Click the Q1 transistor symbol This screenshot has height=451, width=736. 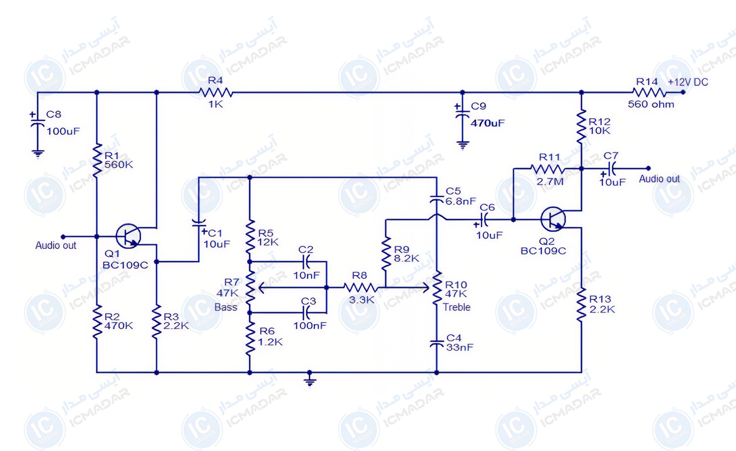(x=128, y=236)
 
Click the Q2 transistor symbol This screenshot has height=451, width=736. (x=553, y=219)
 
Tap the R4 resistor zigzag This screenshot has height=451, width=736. (x=216, y=92)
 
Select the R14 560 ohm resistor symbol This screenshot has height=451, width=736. (x=649, y=92)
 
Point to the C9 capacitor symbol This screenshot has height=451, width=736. (x=462, y=114)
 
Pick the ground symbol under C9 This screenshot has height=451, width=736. (x=462, y=145)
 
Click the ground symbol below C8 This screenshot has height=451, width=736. (x=38, y=154)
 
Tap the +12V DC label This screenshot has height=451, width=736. (x=688, y=82)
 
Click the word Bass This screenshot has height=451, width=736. (x=226, y=307)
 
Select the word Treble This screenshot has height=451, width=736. (x=457, y=307)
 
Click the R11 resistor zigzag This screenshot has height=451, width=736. (x=548, y=169)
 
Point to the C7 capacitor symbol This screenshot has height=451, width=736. (x=611, y=169)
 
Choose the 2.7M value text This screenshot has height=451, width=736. (x=550, y=182)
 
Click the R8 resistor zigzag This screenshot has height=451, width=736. (x=360, y=287)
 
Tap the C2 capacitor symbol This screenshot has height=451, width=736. (x=307, y=262)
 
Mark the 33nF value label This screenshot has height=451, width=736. (x=460, y=347)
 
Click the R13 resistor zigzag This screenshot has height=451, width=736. (x=581, y=304)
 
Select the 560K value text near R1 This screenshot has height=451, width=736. (x=119, y=165)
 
